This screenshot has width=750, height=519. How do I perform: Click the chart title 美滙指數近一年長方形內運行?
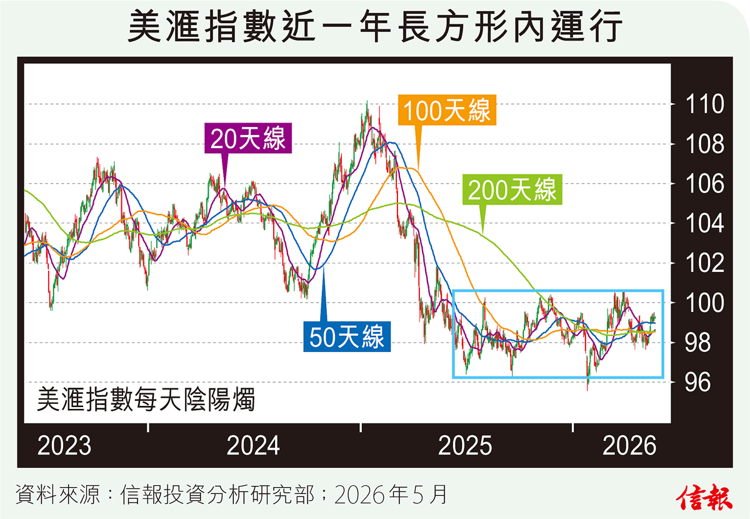click(x=375, y=27)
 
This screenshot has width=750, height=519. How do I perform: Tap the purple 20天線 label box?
click(x=248, y=138)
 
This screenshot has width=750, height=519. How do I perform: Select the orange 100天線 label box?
click(x=447, y=110)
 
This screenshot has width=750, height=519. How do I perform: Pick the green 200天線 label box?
click(x=512, y=189)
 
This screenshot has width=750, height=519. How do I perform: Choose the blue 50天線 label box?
click(x=347, y=336)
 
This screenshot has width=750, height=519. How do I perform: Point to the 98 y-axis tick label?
click(x=697, y=343)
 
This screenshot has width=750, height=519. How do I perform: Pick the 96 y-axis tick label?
click(x=697, y=382)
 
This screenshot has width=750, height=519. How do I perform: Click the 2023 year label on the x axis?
click(x=64, y=445)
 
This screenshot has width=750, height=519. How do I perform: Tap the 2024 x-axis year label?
click(x=253, y=445)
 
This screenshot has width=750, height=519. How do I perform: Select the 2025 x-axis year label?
click(x=465, y=445)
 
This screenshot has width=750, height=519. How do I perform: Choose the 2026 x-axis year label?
click(x=629, y=445)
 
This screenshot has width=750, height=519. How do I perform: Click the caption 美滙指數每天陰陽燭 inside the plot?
click(x=146, y=399)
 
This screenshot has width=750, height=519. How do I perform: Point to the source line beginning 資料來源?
click(x=231, y=494)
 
